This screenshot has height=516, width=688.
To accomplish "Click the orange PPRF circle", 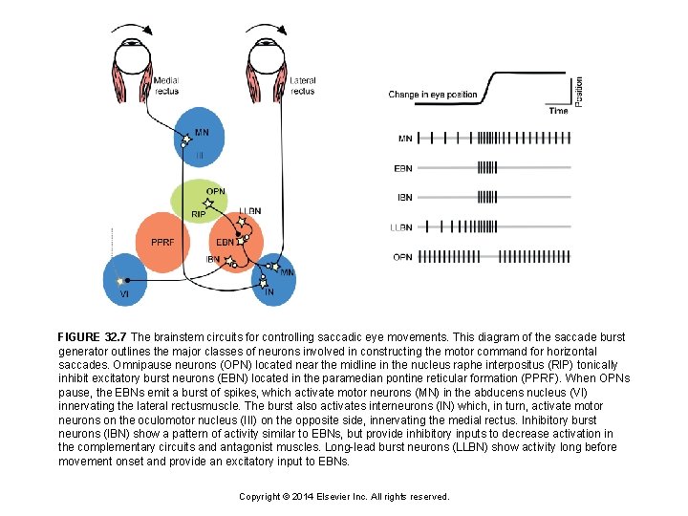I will (x=163, y=243).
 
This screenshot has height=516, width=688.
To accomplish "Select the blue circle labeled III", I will (x=201, y=143).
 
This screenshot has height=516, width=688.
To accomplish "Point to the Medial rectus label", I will (x=166, y=86).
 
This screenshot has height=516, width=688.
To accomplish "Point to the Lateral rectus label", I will (x=302, y=86).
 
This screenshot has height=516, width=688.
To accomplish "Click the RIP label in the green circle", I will (x=199, y=215).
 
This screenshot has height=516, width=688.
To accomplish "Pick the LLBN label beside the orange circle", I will (x=250, y=211).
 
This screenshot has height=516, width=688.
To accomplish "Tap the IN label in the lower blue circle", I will (x=269, y=291).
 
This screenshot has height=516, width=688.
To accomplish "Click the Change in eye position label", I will (x=432, y=95).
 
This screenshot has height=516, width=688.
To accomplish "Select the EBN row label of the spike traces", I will (x=403, y=168).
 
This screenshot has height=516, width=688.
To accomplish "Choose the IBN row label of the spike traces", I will (x=404, y=197).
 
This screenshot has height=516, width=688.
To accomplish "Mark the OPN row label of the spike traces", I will (x=403, y=256).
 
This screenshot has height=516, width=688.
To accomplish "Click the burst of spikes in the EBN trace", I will (x=487, y=168).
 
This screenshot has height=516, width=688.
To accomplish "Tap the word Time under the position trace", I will (x=558, y=111).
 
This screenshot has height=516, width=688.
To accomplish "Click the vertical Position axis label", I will (x=578, y=91).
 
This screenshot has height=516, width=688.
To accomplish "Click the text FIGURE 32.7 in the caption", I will (x=93, y=337).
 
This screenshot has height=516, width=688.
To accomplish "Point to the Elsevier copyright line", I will (x=344, y=496).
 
